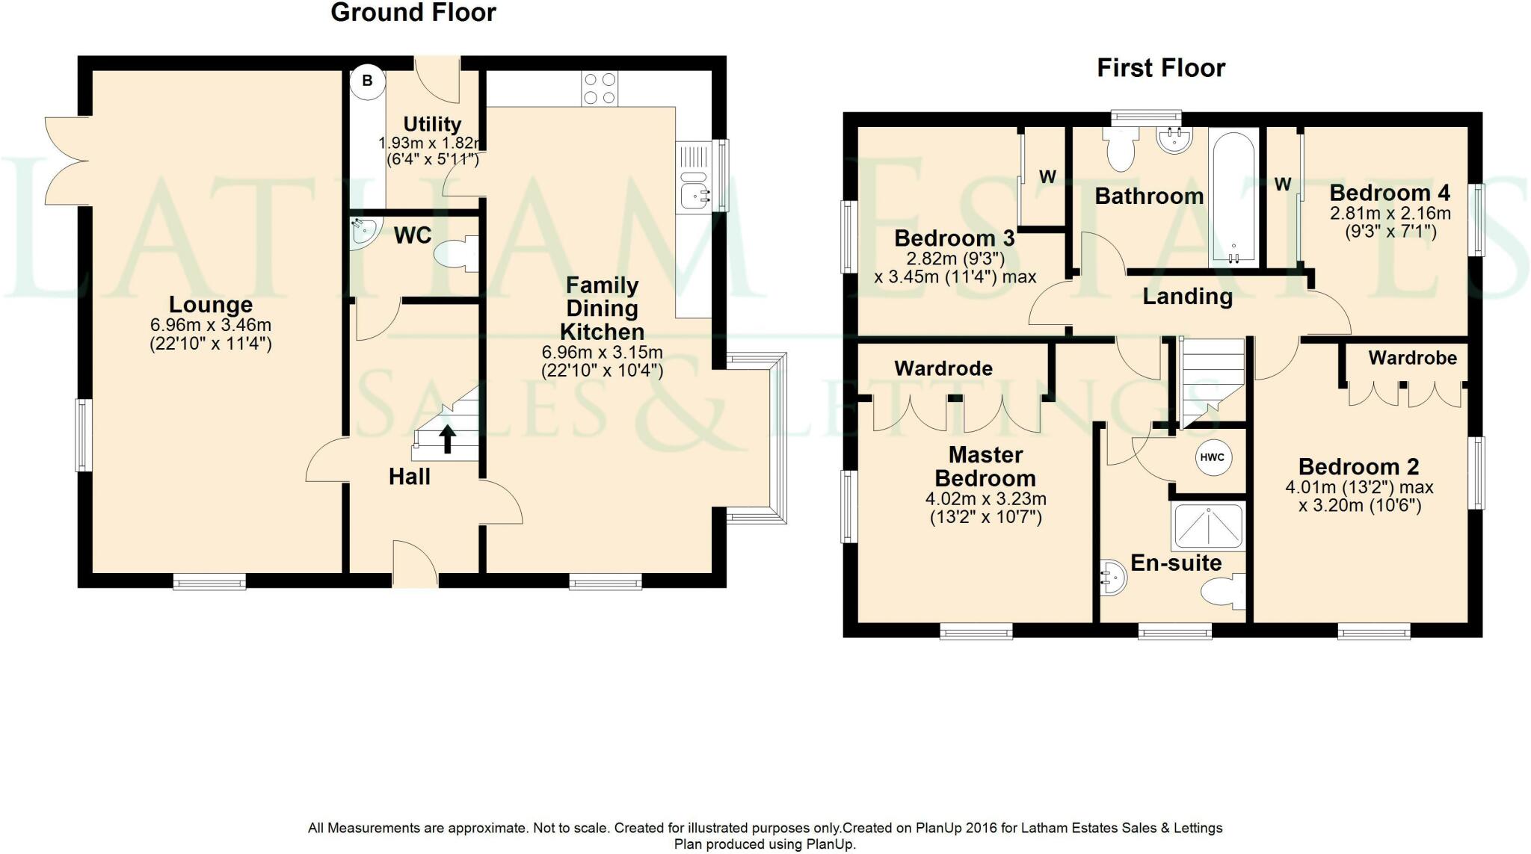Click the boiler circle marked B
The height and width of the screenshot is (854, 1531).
point(367,81)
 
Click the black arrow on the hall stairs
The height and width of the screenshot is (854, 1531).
point(447,439)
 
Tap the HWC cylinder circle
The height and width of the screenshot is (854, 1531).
point(1212,457)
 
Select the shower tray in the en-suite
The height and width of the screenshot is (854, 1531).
point(1208,527)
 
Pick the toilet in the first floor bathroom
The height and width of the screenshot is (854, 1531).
point(1121,147)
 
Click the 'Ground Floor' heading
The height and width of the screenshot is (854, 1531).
point(413,13)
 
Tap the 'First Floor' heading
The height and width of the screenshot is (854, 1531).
point(1161,68)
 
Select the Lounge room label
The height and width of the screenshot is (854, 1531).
point(211,305)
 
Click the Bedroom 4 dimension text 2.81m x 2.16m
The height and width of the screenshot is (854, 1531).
point(1390,214)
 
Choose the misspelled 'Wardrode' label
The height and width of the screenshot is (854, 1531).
point(943,368)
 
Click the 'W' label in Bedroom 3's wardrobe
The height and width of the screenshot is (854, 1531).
point(1048,177)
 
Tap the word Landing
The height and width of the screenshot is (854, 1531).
point(1188,297)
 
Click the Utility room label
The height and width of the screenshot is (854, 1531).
point(432,124)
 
